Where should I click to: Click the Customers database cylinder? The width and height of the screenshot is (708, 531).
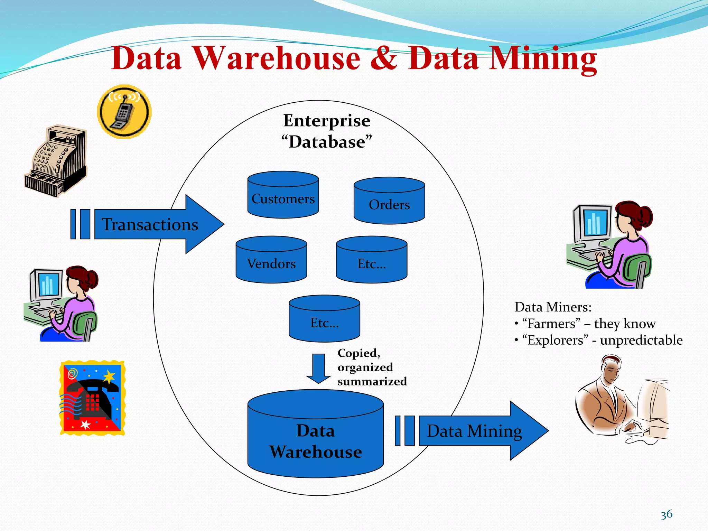tap(283, 195)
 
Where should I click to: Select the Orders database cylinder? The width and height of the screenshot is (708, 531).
tap(389, 201)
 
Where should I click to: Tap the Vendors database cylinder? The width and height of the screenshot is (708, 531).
tap(271, 260)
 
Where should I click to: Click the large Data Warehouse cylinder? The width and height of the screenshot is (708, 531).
tap(315, 436)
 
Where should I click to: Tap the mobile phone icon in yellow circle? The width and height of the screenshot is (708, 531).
tap(124, 111)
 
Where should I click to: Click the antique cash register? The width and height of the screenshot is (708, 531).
tap(56, 161)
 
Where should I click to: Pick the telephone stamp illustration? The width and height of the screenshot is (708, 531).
tap(92, 398)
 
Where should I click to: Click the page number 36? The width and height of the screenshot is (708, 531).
tap(666, 514)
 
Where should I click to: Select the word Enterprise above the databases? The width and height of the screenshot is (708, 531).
tap(327, 121)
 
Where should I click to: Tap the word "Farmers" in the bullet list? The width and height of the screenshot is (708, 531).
tap(551, 324)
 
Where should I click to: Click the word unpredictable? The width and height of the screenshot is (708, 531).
tap(641, 340)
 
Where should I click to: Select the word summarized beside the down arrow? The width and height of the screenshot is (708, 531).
tap(372, 381)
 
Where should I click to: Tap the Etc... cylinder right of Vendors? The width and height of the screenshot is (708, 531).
tap(372, 260)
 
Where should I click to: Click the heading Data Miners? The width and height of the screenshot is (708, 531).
tap(553, 307)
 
